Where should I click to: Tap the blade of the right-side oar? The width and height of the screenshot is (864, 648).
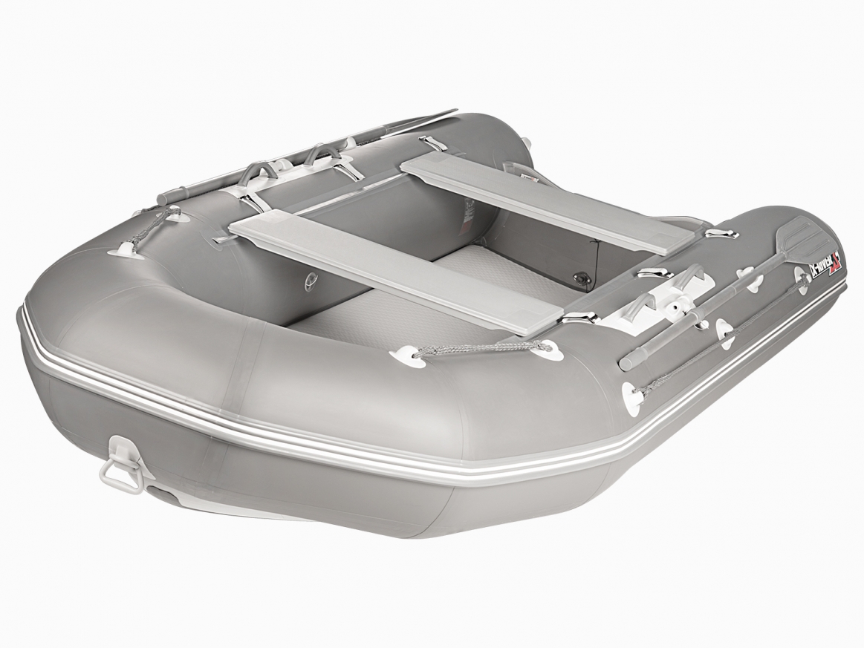(799, 236)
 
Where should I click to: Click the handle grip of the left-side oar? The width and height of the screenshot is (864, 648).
(169, 196)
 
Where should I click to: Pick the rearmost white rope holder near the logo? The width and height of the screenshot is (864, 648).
(802, 276)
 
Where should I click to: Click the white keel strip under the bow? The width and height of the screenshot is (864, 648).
(223, 508)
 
